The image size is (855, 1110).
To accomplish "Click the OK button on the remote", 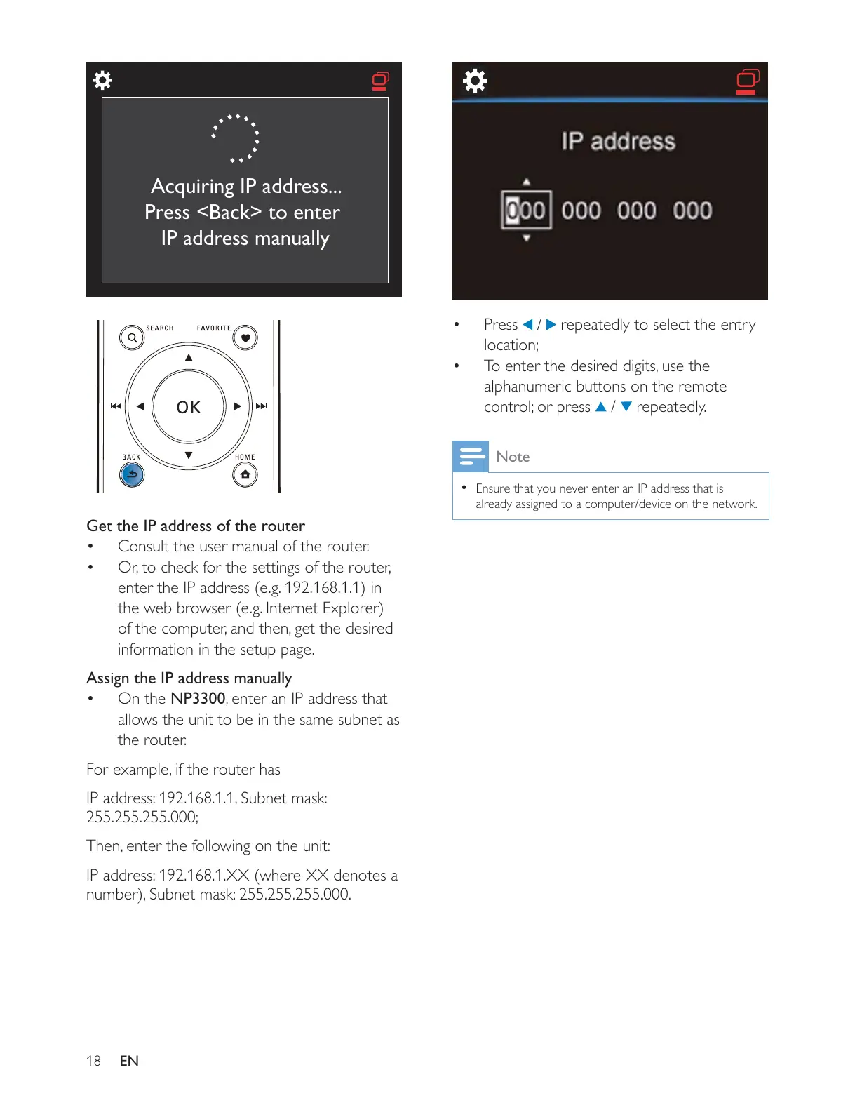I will click(x=189, y=407).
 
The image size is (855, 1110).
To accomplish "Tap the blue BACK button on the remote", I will click(x=132, y=475).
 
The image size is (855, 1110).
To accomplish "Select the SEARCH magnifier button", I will click(x=132, y=337).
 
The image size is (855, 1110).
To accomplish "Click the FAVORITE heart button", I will click(x=245, y=337).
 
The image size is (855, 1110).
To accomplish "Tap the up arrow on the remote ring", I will click(x=189, y=358).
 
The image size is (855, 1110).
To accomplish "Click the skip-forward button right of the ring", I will click(x=262, y=406).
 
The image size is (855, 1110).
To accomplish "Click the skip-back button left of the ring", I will click(x=116, y=406).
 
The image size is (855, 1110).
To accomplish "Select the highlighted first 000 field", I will click(x=526, y=210).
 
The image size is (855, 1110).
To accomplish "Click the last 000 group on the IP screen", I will click(x=692, y=210).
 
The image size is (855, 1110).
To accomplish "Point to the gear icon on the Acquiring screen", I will click(x=102, y=80).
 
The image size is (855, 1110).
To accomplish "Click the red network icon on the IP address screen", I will click(x=748, y=81).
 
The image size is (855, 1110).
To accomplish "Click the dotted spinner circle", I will click(x=236, y=138).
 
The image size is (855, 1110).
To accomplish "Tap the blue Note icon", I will click(x=470, y=456).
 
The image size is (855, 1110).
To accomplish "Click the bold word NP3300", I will click(x=198, y=699).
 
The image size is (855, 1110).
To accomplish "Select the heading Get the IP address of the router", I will click(x=196, y=526).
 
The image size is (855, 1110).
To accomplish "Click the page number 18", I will click(x=93, y=1061).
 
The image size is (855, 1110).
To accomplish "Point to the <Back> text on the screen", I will click(x=229, y=212).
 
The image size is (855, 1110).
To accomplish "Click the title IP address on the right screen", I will click(x=618, y=142).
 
